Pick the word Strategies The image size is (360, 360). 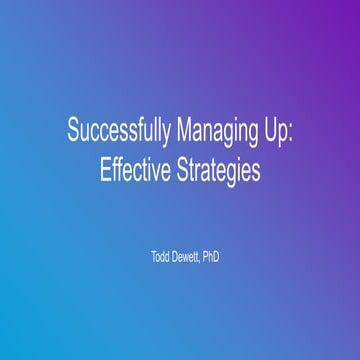click(x=219, y=170)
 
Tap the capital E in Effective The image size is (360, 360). click(x=104, y=170)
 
